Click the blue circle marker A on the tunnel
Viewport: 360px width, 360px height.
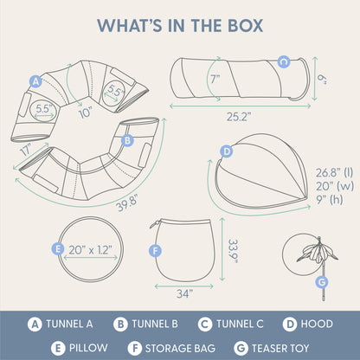(x=35, y=81)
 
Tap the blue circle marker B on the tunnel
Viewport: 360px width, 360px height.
(x=127, y=140)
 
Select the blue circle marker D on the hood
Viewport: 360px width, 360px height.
(x=227, y=151)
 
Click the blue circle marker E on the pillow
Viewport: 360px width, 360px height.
(x=58, y=248)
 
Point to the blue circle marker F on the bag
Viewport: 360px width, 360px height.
(x=155, y=251)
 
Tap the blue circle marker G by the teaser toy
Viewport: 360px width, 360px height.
(x=322, y=282)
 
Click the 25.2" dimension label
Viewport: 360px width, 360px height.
(x=239, y=117)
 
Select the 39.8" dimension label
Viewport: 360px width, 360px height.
(x=127, y=202)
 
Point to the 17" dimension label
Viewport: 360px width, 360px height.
(x=27, y=150)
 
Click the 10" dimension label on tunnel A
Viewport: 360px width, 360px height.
(x=86, y=112)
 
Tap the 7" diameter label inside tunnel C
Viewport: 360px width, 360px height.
(x=215, y=79)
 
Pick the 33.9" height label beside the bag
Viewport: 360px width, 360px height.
(x=233, y=251)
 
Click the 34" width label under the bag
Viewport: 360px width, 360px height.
(x=184, y=293)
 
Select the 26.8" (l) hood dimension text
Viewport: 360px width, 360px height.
(x=334, y=172)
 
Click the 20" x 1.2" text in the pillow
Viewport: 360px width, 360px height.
(x=90, y=250)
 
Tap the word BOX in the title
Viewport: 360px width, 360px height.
(x=245, y=25)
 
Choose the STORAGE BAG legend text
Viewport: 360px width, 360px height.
(x=180, y=348)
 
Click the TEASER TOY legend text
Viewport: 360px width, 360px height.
(x=280, y=348)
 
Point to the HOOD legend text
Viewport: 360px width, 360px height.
(x=317, y=324)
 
